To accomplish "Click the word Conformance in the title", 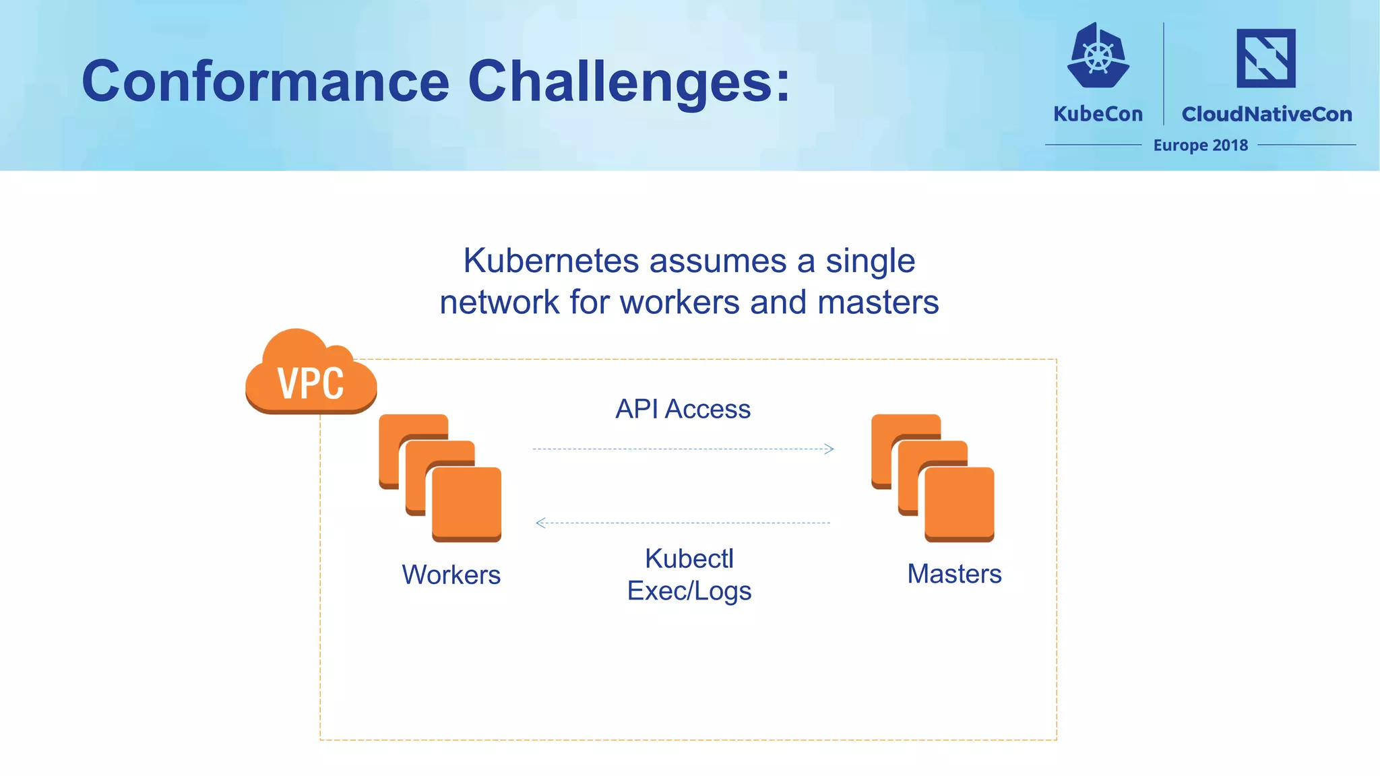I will (265, 82).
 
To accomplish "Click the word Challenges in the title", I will (629, 82).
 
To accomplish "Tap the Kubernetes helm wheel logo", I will (1098, 56).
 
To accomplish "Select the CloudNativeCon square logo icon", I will (1265, 58).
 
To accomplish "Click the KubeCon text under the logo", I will (1098, 114).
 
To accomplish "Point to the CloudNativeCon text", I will (1266, 114).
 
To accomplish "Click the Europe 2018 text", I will (1200, 145).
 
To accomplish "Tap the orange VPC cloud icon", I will (311, 375).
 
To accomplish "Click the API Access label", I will (683, 409).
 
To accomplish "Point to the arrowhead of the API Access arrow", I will (829, 449).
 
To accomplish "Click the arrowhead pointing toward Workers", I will (540, 523).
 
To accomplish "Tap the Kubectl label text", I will (689, 558).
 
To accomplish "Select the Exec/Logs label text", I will (689, 591).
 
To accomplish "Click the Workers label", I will (451, 575).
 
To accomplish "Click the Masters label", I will (953, 574).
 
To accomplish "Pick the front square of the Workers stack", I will (466, 503).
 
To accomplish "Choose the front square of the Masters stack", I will (959, 503).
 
